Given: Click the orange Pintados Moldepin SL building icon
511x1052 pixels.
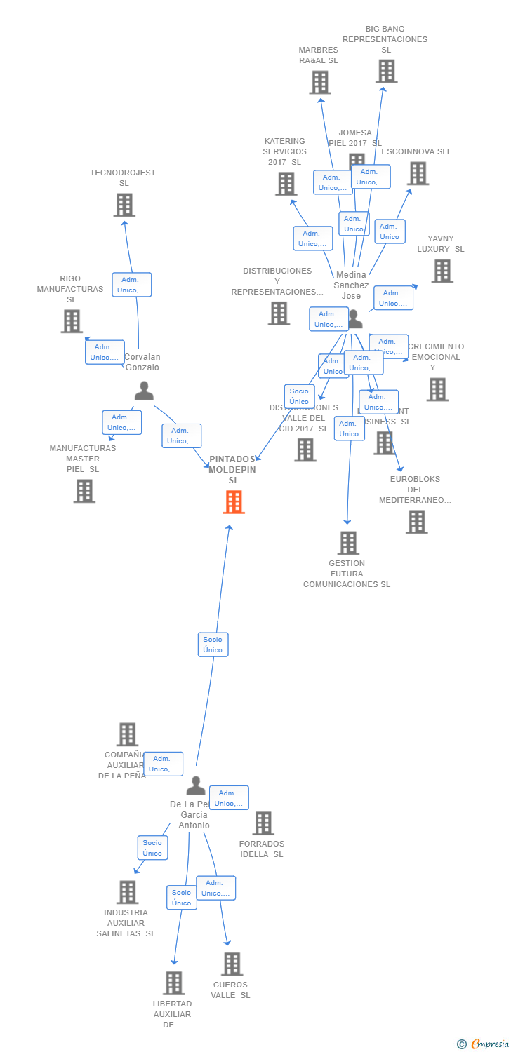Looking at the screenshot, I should point(234,502).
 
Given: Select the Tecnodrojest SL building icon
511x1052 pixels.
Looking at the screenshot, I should point(124,205).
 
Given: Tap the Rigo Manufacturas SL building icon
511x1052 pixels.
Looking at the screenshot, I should point(72,321).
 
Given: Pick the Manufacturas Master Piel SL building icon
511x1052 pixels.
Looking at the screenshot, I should point(84,491).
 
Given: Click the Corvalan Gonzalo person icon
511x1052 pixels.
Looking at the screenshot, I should point(144,391).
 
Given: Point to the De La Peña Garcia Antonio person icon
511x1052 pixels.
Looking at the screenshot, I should point(196,785).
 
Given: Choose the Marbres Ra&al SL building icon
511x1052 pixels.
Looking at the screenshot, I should point(320,82).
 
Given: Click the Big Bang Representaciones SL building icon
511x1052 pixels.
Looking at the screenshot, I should point(386,71).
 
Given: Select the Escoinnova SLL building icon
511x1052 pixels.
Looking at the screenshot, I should point(418,173).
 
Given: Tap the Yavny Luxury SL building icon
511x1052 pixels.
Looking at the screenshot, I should point(442,271).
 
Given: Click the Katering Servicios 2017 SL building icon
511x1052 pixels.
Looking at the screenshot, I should point(286,184).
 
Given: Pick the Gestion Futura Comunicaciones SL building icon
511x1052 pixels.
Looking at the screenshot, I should point(348,543).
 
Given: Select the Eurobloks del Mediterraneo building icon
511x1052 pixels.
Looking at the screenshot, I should point(416,522).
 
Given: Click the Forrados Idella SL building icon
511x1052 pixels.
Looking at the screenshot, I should point(263,823).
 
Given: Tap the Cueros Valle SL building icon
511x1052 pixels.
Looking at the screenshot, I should point(232,964).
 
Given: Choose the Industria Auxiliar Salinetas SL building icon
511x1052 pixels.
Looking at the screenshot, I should point(127,892).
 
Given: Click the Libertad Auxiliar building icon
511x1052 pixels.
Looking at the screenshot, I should point(173,983).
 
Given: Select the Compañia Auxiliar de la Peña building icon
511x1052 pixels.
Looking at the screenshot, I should point(127,734).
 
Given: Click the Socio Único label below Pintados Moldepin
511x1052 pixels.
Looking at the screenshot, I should point(213,645).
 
